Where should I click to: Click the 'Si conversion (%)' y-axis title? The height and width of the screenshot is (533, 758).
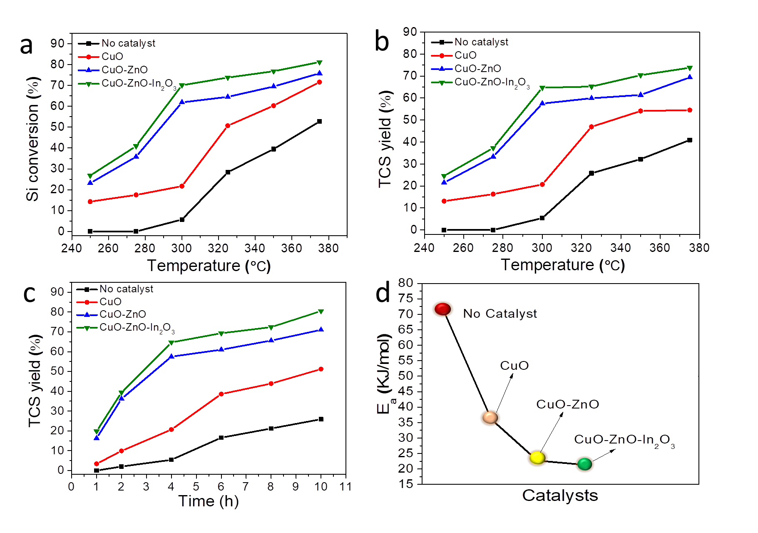(x=32, y=139)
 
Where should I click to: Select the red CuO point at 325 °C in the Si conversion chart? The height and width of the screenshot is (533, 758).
(x=228, y=125)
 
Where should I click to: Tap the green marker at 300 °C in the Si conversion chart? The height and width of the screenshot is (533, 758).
(x=182, y=85)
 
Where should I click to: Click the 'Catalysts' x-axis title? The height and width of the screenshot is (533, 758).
(x=560, y=496)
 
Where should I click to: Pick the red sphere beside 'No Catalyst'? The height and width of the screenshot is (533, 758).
(x=442, y=309)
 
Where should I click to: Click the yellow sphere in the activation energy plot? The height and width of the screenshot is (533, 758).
(x=537, y=458)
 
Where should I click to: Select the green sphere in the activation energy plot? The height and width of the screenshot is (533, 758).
(x=585, y=464)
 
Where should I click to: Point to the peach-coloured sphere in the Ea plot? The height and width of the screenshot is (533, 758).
(x=490, y=417)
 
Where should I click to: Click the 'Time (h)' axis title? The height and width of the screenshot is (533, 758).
(x=209, y=501)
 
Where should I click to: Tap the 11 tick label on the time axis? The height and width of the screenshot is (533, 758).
(x=345, y=486)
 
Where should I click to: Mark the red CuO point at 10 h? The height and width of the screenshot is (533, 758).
(x=321, y=369)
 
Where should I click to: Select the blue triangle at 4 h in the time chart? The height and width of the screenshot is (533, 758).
(x=171, y=356)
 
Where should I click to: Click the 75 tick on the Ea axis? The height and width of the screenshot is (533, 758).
(x=405, y=298)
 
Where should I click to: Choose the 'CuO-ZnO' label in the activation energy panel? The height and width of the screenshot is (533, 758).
(x=567, y=404)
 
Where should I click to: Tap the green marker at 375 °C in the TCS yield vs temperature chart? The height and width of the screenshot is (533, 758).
(x=690, y=68)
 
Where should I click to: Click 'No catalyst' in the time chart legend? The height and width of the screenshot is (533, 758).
(x=127, y=289)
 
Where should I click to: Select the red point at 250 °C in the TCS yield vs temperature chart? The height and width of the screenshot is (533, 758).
(x=444, y=201)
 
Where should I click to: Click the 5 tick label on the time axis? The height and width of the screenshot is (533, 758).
(x=196, y=486)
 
